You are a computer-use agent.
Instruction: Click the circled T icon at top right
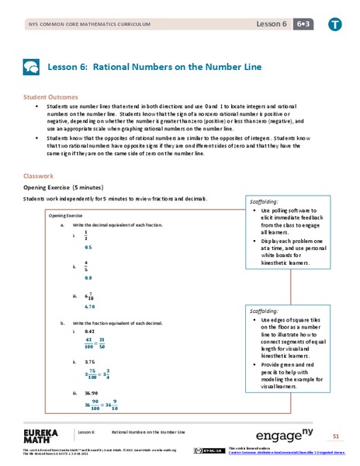click(x=334, y=26)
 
